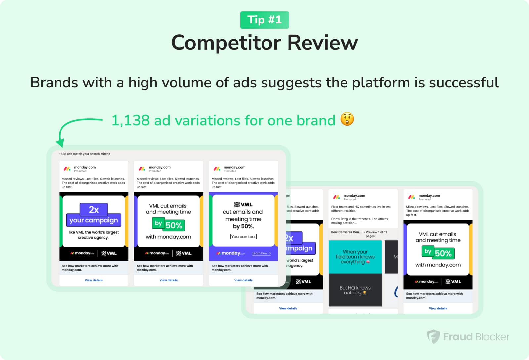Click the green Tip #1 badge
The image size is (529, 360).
click(x=264, y=20)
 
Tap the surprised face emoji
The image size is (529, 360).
click(x=347, y=119)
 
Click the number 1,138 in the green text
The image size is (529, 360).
click(x=131, y=121)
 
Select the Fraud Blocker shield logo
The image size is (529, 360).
click(x=433, y=337)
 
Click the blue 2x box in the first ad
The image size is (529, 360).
click(x=94, y=210)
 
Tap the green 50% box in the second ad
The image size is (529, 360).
click(x=174, y=225)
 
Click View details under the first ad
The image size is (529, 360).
click(x=94, y=280)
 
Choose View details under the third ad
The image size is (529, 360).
click(x=243, y=280)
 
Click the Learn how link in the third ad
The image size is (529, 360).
click(x=261, y=253)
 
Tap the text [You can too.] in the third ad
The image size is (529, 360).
click(x=243, y=237)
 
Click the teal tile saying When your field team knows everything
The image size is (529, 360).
click(x=355, y=257)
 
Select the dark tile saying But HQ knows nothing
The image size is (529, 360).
click(x=355, y=290)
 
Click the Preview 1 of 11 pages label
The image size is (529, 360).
click(x=376, y=234)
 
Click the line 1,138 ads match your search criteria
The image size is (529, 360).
click(x=85, y=154)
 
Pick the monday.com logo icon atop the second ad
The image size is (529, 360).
click(x=142, y=169)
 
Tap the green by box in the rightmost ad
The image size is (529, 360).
click(x=428, y=251)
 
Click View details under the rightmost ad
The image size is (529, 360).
click(x=438, y=308)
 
